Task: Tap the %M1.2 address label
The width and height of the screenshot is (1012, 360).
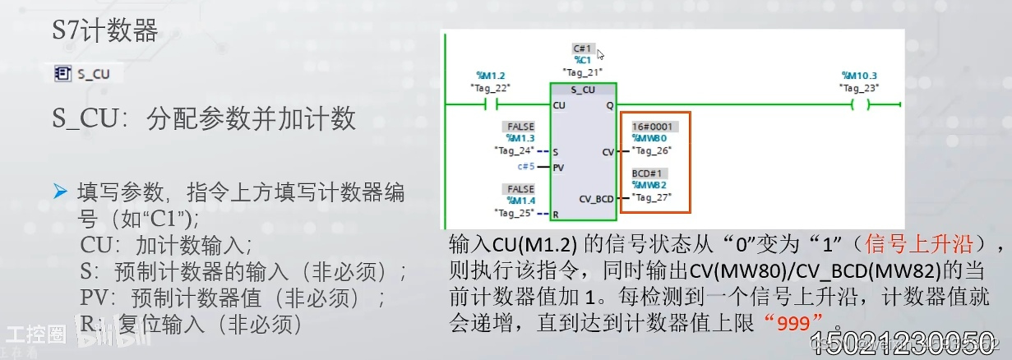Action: pos(490,76)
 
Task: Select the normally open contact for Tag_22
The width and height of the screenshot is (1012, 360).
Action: pos(491,104)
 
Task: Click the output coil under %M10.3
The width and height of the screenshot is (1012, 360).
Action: pos(859,104)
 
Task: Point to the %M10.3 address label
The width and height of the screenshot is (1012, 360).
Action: pos(859,76)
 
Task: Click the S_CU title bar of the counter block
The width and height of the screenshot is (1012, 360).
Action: pos(582,90)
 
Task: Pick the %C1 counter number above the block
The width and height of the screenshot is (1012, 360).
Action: pos(583,60)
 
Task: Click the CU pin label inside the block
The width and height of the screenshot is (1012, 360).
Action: pos(559,105)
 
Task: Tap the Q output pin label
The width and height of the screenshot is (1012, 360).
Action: pos(609,105)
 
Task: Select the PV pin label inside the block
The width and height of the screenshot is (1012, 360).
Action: pos(559,167)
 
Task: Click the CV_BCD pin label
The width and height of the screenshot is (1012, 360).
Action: pos(596,198)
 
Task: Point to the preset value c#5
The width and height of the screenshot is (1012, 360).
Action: pos(526,166)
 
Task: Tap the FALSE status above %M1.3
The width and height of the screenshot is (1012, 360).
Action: pos(520,127)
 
